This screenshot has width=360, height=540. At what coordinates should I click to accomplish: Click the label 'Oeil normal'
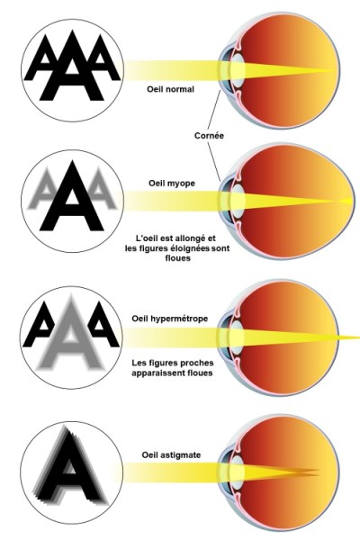[170, 89]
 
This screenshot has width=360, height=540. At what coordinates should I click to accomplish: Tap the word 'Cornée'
[209, 136]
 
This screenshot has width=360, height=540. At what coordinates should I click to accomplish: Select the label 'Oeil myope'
[172, 184]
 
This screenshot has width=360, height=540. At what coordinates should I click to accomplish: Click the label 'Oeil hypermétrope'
[170, 319]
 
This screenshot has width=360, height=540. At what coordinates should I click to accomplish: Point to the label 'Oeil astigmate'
[171, 454]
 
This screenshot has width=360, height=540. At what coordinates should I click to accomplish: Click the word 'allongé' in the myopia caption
[191, 238]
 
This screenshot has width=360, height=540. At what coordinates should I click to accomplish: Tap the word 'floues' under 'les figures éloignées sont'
[178, 258]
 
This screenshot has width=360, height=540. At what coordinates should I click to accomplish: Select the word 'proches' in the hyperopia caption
[197, 363]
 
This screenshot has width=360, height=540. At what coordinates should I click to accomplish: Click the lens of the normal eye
[238, 70]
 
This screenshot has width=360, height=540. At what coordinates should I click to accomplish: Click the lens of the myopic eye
[238, 201]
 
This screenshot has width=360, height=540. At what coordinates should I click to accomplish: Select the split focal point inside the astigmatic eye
[307, 472]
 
